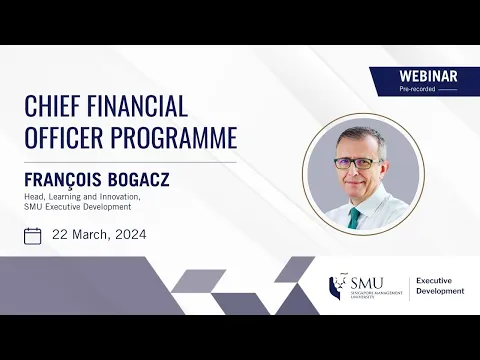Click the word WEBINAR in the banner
(x=428, y=76)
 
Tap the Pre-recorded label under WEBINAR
(x=418, y=89)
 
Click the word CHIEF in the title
(x=52, y=107)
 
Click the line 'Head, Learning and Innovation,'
(x=82, y=196)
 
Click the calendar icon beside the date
(x=33, y=236)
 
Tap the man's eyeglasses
(x=357, y=162)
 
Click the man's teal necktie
(x=354, y=216)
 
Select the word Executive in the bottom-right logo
(x=437, y=281)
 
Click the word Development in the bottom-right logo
(x=440, y=291)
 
